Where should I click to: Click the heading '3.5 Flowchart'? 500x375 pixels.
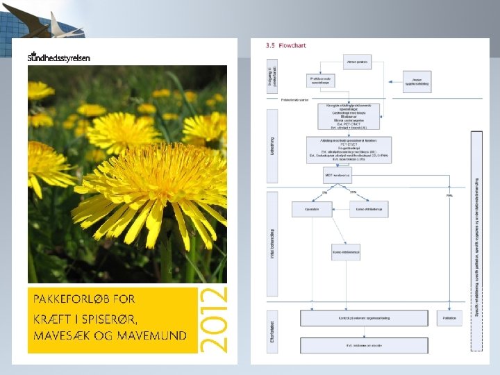point(285,46)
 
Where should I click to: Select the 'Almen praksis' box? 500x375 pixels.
point(357,62)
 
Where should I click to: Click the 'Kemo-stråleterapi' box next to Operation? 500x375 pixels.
point(368,209)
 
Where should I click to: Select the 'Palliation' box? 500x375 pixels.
point(448,318)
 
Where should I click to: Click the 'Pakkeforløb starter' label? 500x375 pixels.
point(296,99)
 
